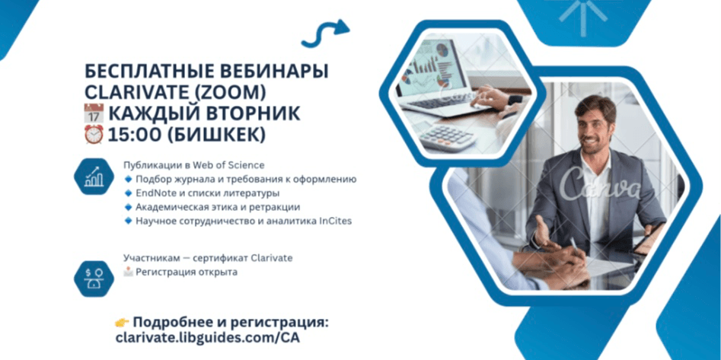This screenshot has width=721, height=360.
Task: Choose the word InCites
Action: coord(333,221)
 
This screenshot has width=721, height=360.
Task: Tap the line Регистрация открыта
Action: coord(186,272)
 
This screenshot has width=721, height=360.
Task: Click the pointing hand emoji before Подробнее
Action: coord(123,323)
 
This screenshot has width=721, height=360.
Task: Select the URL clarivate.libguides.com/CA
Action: coord(202,337)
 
